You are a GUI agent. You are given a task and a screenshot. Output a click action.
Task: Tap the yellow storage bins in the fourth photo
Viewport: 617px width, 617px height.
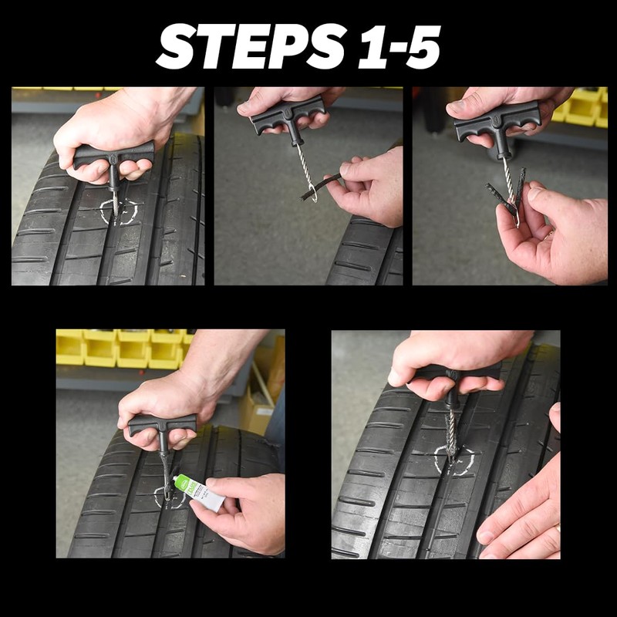pyautogui.click(x=123, y=347)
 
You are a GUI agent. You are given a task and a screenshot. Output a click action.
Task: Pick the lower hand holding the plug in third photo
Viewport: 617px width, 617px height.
pyautogui.click(x=551, y=231)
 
